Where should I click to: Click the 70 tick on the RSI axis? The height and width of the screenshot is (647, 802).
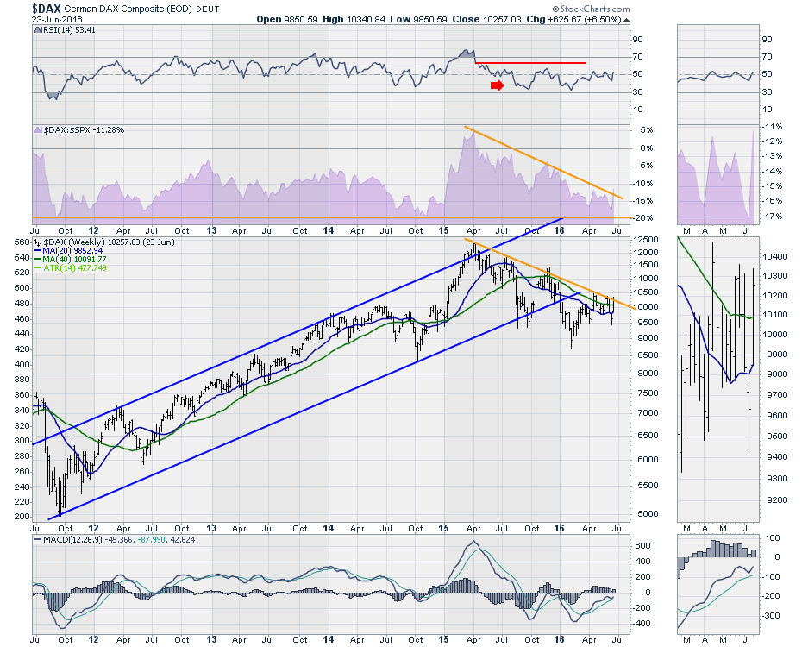(x=637, y=57)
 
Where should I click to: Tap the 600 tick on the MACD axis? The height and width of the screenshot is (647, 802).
(x=639, y=545)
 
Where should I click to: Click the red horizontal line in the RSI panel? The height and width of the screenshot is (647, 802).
(x=530, y=63)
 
